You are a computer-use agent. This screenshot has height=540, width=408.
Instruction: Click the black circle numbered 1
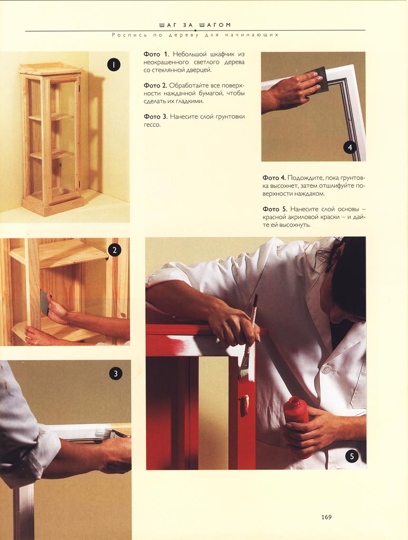tap(113, 64)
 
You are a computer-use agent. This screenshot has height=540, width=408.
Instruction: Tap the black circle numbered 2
tap(115, 250)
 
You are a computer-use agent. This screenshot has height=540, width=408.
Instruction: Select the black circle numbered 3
tap(116, 374)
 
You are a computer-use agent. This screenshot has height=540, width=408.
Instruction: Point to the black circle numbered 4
tap(350, 148)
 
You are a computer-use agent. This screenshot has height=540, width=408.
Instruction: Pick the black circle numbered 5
tap(352, 457)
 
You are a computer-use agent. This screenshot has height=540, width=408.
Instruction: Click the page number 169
tap(326, 517)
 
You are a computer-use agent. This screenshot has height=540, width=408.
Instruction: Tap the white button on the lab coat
tap(326, 370)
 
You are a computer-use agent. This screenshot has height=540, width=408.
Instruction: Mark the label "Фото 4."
tap(274, 178)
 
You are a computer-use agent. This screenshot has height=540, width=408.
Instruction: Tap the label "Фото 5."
tap(274, 209)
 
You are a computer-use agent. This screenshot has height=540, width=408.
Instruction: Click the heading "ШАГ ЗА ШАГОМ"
tap(195, 25)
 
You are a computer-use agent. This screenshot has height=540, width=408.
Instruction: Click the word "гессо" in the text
tap(151, 125)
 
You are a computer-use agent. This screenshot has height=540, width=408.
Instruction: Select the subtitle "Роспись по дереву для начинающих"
tap(195, 35)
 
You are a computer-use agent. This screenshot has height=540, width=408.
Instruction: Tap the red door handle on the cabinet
tap(244, 405)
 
